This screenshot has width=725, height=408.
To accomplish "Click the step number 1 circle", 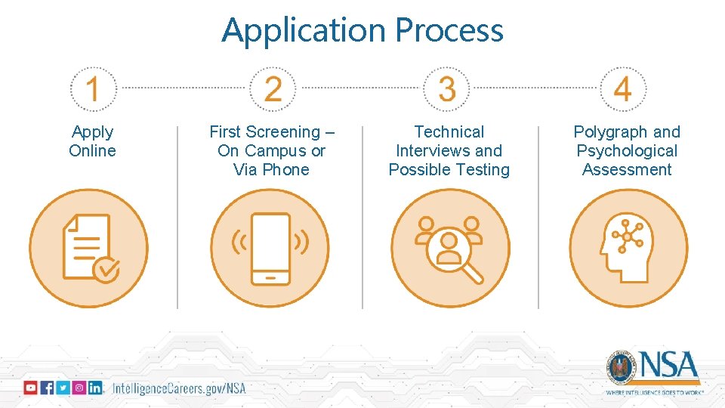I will pos(93,89).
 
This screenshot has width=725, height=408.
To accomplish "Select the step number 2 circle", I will pos(273,89).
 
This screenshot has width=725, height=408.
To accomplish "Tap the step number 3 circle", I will pos(448,89).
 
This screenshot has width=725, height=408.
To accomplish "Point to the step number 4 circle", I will pos(623,89).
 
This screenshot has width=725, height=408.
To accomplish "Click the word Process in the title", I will pos(449,30).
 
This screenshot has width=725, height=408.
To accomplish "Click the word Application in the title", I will pos(304,30).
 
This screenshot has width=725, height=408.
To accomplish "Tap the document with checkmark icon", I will pos(89,248).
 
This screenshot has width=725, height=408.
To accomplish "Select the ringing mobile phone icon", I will pos(270,248).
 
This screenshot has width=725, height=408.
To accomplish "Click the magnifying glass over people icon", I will pos(450,248).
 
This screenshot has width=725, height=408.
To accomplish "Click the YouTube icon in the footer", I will pos(30,388).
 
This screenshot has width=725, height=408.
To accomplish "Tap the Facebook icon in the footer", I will pos(47,388).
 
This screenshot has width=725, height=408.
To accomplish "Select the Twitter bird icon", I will pos(63,388).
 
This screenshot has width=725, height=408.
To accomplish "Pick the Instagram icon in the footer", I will pos(79,388).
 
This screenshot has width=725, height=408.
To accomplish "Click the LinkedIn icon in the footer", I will pos(95,388).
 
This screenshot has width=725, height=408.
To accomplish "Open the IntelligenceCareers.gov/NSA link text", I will pos(179,388).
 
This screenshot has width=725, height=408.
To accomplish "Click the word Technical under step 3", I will pos(449,132).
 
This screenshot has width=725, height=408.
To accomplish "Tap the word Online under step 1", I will pos(92,151).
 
